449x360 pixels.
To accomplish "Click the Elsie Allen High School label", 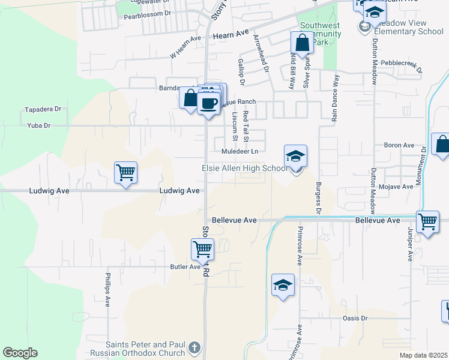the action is [244, 169].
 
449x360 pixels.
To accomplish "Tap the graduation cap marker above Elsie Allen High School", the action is [295, 157].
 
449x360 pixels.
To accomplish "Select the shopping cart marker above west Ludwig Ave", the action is [126, 173].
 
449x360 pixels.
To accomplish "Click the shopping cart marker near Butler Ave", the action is [203, 249].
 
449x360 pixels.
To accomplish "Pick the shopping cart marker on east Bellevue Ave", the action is [428, 221].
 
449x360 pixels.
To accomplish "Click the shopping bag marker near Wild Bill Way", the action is [302, 43].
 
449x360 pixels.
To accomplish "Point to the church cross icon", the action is [194, 347].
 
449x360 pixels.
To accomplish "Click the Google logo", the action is [20, 353].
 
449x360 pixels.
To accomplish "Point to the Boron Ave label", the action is [399, 145].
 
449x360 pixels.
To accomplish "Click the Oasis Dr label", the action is [355, 318].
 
